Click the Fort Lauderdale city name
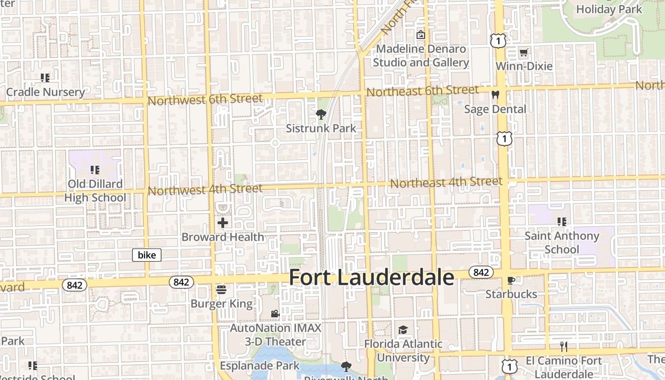point(371,277)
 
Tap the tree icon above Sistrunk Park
point(321,114)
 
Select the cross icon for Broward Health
point(223,222)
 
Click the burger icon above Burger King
point(221,289)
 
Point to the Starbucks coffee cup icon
point(511,280)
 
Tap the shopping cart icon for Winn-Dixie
point(523,52)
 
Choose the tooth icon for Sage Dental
point(495,95)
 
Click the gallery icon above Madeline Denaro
point(420,35)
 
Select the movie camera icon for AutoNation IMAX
point(275,313)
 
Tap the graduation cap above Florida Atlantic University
point(403,330)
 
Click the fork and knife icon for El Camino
point(564,347)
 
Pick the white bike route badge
point(147,255)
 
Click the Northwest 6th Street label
point(205,99)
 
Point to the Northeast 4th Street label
point(446,182)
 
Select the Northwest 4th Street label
point(205,190)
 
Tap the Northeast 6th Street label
point(423,90)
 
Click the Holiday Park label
point(609,9)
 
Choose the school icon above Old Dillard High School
point(95,170)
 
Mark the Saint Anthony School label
point(562,242)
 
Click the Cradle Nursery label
point(46,92)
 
